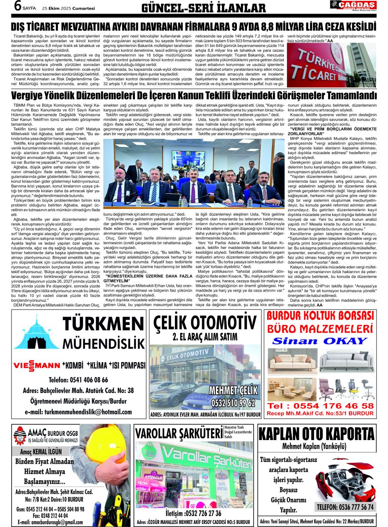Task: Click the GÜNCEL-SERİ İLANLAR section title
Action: coord(203,8)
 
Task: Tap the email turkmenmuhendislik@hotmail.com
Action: coord(78,412)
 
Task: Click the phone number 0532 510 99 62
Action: coord(233,402)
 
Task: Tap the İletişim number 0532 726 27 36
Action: coord(193,513)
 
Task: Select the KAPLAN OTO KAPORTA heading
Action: coord(322,434)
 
